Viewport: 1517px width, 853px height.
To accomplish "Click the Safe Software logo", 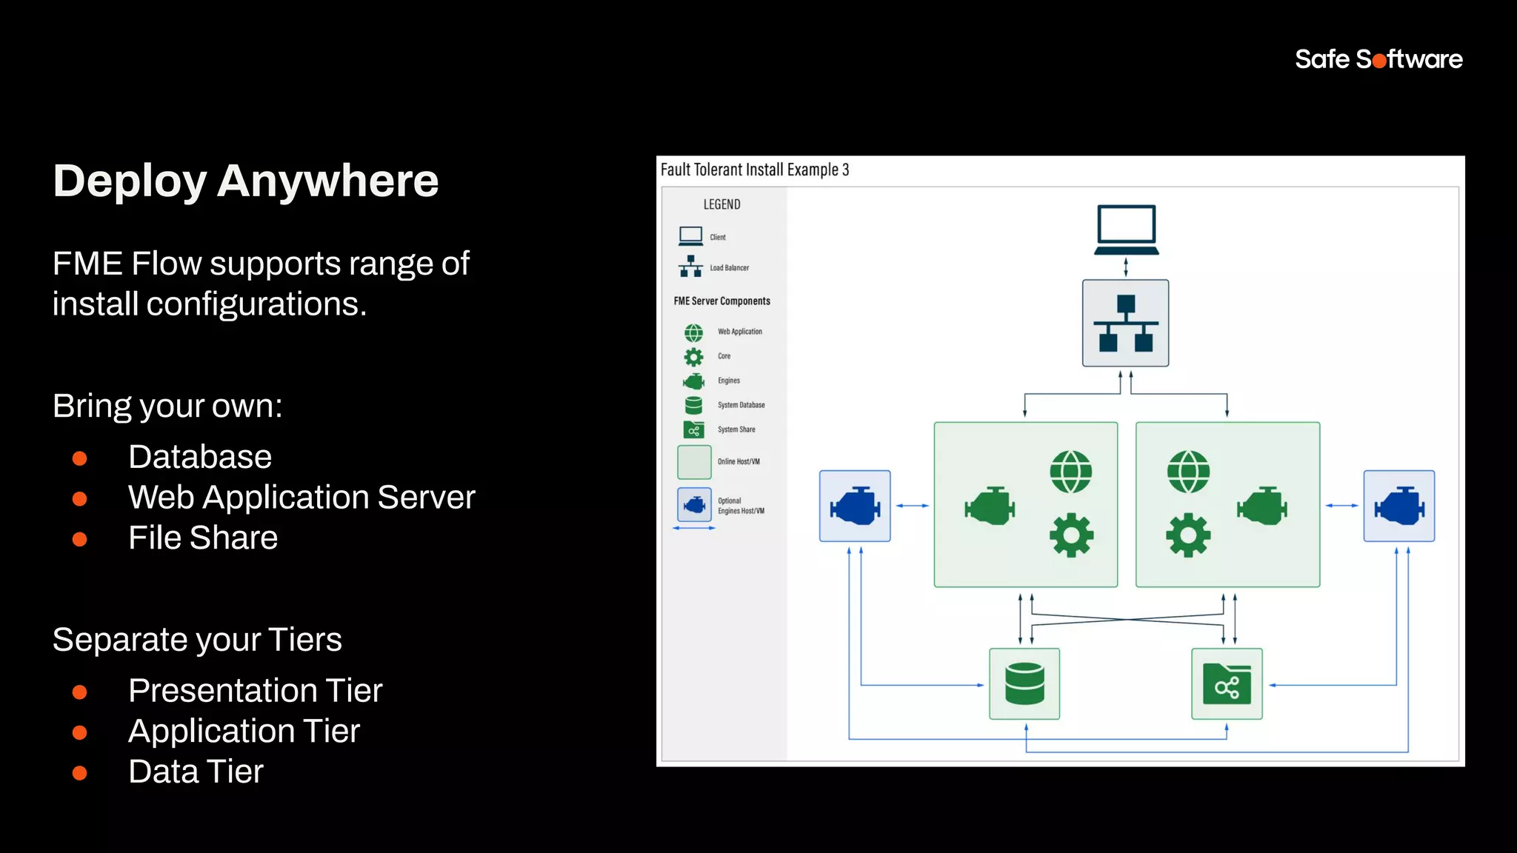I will click(x=1378, y=59).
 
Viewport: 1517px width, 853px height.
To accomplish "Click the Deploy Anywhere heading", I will click(x=246, y=181).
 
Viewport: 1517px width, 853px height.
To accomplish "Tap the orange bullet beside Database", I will click(x=80, y=458).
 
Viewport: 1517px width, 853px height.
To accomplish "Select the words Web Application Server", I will click(x=301, y=498).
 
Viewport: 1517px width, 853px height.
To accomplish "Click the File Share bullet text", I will click(x=203, y=538).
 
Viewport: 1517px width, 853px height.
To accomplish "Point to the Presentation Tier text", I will click(x=255, y=691).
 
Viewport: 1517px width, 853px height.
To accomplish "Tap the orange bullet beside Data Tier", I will click(x=80, y=773).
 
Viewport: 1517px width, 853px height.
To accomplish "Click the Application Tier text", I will click(x=244, y=732).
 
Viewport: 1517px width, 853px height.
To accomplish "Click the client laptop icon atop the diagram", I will click(x=1126, y=230).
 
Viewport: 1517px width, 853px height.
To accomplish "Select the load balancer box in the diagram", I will click(x=1125, y=323).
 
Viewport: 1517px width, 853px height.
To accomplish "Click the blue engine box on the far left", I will click(x=855, y=506).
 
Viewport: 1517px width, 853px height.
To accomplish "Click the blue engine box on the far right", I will click(x=1398, y=506).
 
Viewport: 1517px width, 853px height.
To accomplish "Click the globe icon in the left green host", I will click(x=1070, y=472).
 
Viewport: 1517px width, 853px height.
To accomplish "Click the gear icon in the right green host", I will click(x=1188, y=535).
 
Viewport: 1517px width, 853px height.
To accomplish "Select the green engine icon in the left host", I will click(x=990, y=506).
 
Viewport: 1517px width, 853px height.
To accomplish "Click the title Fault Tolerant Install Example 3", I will click(x=754, y=170).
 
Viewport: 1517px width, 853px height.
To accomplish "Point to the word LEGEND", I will click(x=721, y=204).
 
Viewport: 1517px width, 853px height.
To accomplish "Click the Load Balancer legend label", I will click(x=729, y=268).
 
